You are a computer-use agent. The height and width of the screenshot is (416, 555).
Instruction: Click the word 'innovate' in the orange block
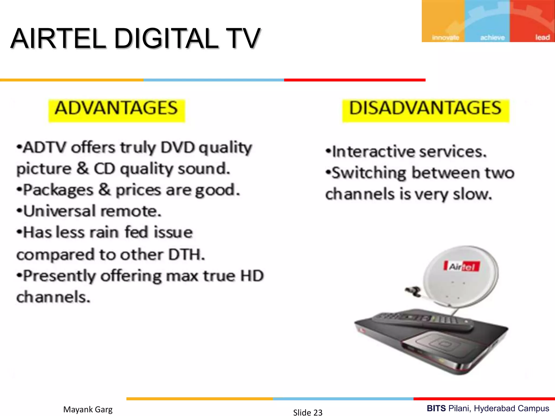(x=445, y=37)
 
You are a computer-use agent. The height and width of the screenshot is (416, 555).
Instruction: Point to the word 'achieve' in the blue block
(x=492, y=37)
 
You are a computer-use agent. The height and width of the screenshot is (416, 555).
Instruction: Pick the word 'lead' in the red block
(x=542, y=37)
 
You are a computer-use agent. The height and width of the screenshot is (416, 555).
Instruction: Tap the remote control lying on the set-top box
(x=423, y=321)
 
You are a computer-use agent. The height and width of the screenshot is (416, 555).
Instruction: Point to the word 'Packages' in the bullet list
(x=58, y=190)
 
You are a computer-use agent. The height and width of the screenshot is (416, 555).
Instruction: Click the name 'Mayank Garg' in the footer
(x=88, y=409)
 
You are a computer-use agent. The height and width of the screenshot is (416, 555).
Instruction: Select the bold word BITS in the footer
(x=436, y=408)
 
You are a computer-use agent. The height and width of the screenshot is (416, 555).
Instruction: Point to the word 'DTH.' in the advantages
(x=186, y=255)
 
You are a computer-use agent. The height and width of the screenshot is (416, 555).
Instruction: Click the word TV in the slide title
(x=244, y=38)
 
